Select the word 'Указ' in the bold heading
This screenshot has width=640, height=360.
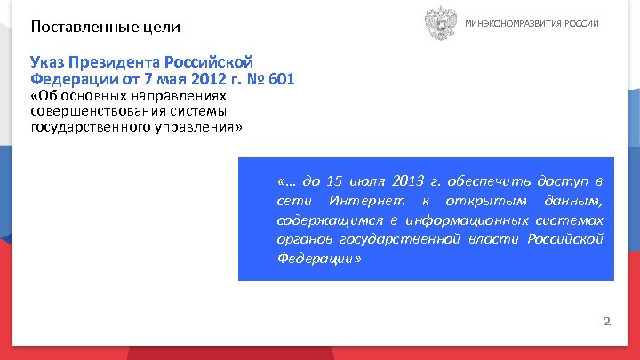(x=48, y=63)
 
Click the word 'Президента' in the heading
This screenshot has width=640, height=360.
(x=116, y=63)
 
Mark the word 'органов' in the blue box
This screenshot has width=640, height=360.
(x=302, y=240)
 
